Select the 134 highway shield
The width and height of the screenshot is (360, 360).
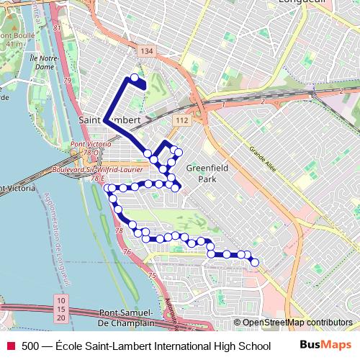(x=147, y=50)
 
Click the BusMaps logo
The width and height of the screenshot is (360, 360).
(x=325, y=346)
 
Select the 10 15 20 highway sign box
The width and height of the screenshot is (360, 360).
(x=61, y=308)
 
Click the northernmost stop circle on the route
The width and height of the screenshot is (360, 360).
(x=134, y=78)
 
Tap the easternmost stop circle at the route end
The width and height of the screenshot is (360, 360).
(x=254, y=263)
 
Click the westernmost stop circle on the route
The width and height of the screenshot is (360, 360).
(x=108, y=189)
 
